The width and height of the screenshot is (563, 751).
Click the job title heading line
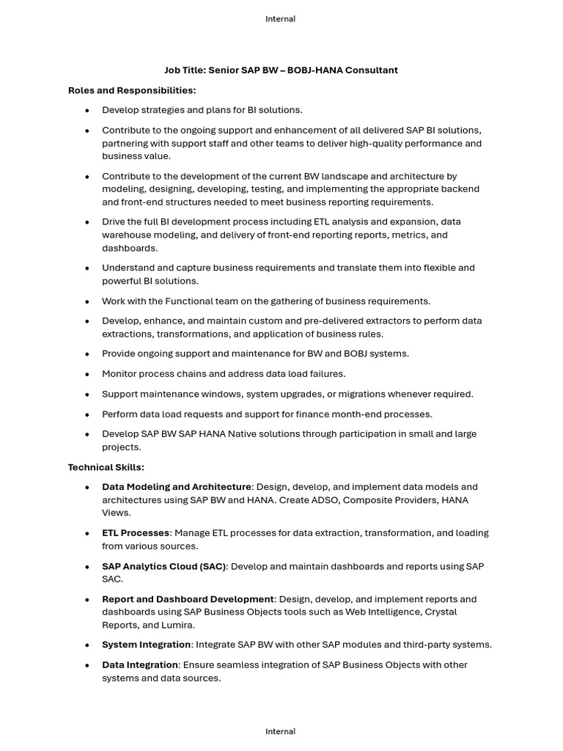tap(281, 70)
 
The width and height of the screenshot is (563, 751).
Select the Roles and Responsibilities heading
tap(132, 90)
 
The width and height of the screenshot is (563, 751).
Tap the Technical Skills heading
tap(106, 467)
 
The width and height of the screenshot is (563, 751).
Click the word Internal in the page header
tap(281, 19)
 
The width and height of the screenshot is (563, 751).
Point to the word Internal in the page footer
tap(281, 731)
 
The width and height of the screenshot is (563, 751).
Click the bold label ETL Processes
tap(136, 533)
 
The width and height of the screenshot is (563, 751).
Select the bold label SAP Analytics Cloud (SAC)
tap(164, 566)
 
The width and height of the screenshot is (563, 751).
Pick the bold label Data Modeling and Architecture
tap(177, 487)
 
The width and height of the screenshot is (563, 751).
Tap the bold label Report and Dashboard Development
tap(188, 599)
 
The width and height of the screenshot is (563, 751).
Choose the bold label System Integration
tap(147, 645)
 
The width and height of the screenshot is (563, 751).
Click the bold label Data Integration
tap(140, 664)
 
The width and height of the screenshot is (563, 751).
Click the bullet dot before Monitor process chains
tap(87, 374)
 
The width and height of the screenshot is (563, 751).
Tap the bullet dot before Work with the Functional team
tap(87, 301)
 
